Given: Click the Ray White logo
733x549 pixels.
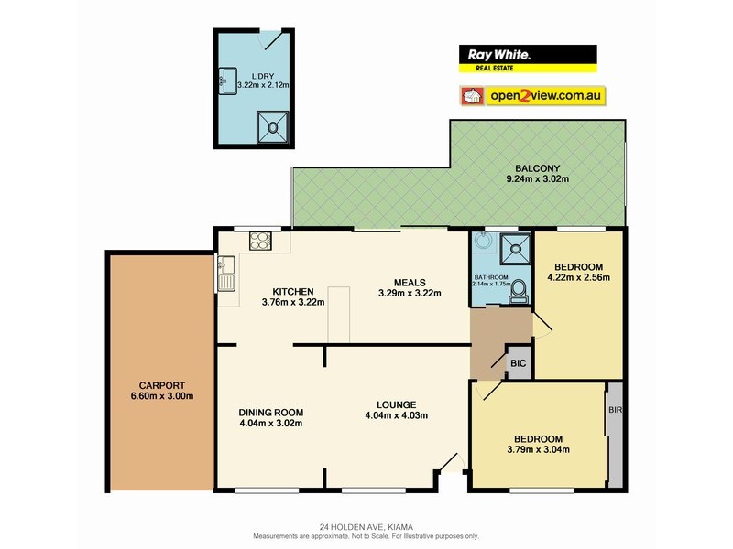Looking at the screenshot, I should (x=527, y=58).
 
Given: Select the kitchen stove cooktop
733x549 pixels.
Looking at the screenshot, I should (x=260, y=242).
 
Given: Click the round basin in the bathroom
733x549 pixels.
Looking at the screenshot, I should (x=483, y=244).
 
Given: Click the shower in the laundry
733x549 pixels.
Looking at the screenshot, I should (x=272, y=126).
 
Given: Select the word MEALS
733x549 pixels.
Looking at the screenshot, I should (x=410, y=282).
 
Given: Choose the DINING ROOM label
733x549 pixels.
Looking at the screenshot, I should (x=270, y=411).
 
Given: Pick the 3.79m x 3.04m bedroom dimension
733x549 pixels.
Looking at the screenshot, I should (x=539, y=449).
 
